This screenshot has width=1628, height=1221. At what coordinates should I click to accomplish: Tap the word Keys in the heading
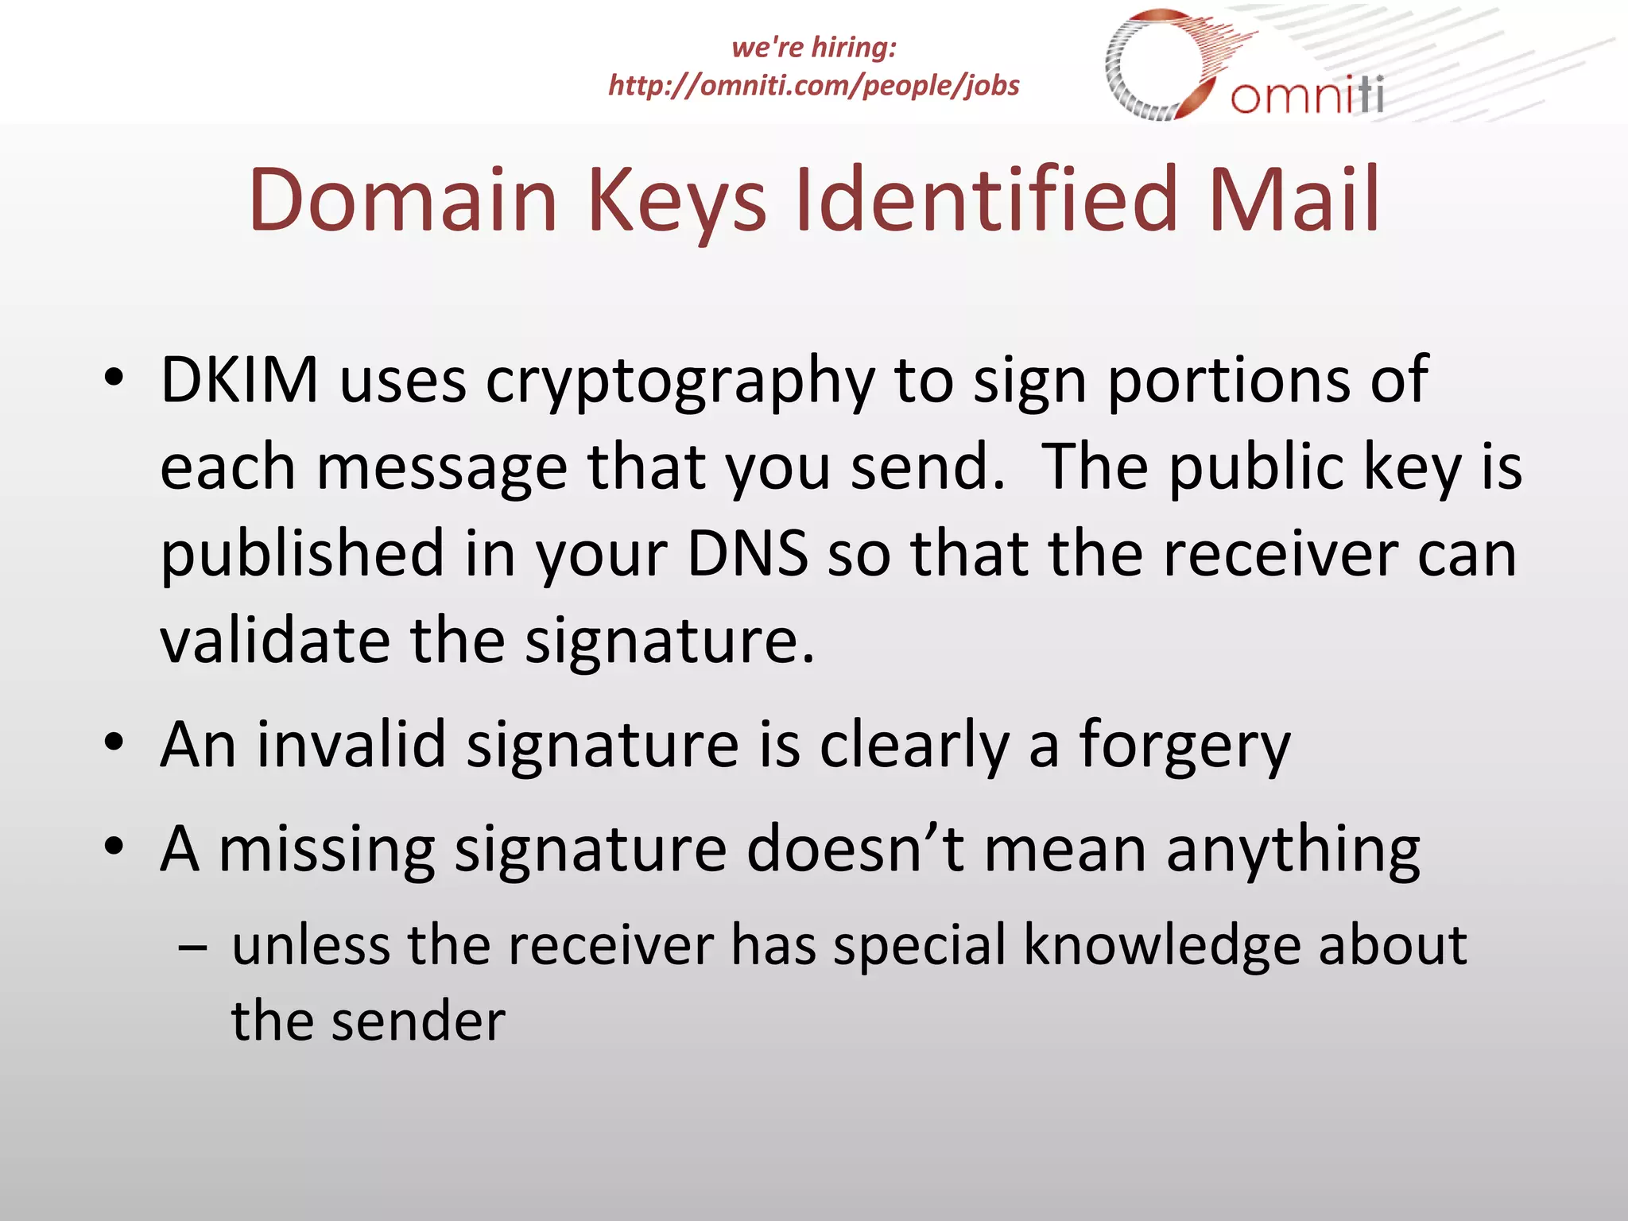(676, 200)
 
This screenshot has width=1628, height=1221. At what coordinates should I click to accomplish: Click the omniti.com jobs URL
(813, 85)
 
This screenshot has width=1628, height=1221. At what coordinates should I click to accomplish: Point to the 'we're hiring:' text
(814, 47)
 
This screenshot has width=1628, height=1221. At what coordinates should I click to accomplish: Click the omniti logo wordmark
(1308, 95)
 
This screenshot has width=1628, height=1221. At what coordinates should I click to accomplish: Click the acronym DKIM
(239, 381)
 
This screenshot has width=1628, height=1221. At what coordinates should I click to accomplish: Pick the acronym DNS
(747, 553)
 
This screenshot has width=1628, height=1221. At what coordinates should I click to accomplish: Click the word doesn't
(855, 849)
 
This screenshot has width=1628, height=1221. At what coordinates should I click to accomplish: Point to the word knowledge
(1161, 947)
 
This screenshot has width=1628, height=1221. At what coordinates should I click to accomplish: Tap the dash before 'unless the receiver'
(193, 948)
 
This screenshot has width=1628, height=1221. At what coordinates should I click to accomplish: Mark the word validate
(275, 640)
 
